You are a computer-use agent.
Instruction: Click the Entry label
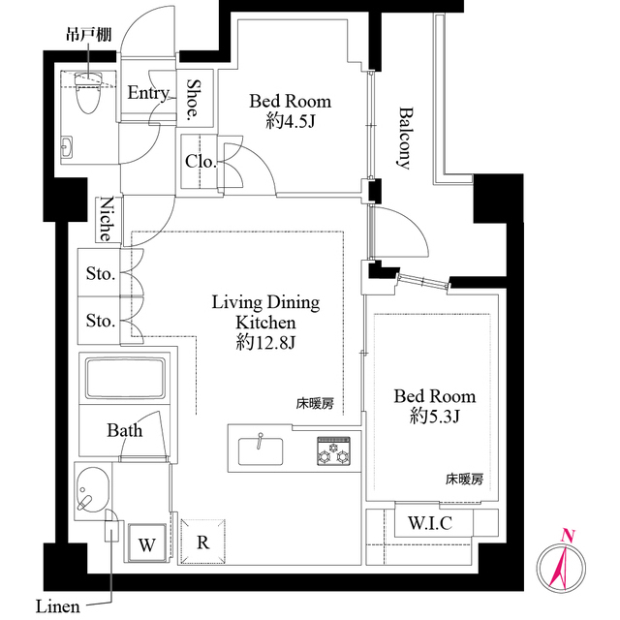148,93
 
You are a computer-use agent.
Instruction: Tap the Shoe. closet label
194,99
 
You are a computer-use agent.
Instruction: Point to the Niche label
108,220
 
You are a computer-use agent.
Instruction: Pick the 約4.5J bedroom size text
290,121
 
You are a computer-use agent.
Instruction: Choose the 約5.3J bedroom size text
434,417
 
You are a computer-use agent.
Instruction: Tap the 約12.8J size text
264,342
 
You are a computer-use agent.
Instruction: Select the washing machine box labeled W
146,543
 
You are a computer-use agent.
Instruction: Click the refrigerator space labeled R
202,542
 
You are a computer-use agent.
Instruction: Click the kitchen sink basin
260,451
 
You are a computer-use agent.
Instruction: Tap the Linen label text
57,607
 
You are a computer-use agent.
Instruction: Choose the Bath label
125,430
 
